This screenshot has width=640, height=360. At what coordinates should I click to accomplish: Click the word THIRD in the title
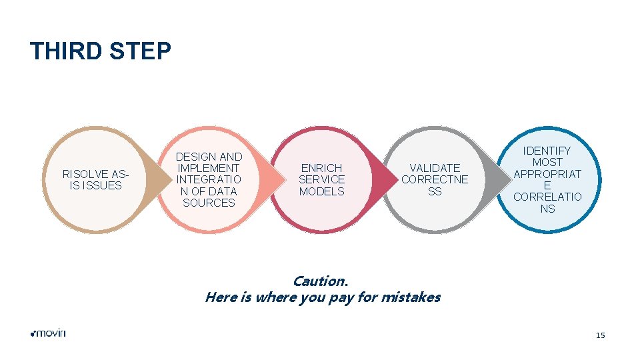[x=64, y=51]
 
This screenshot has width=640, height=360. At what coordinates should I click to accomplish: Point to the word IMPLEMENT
[x=209, y=168]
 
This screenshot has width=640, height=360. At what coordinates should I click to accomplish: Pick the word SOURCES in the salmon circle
[x=209, y=203]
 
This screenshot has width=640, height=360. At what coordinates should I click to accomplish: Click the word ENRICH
[x=321, y=168]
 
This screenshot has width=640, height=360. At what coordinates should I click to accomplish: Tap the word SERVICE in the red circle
[x=321, y=179]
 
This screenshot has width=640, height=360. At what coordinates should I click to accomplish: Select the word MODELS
[x=321, y=191]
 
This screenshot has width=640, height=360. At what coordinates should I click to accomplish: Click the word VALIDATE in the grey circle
[x=435, y=168]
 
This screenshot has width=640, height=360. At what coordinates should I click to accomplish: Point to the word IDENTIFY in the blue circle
[x=547, y=151]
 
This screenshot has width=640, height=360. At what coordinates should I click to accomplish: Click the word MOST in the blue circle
[x=547, y=162]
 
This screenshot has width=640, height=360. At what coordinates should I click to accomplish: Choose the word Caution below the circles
[x=320, y=281]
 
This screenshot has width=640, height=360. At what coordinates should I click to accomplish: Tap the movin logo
[x=48, y=333]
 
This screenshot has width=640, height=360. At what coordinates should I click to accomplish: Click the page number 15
[x=601, y=335]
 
